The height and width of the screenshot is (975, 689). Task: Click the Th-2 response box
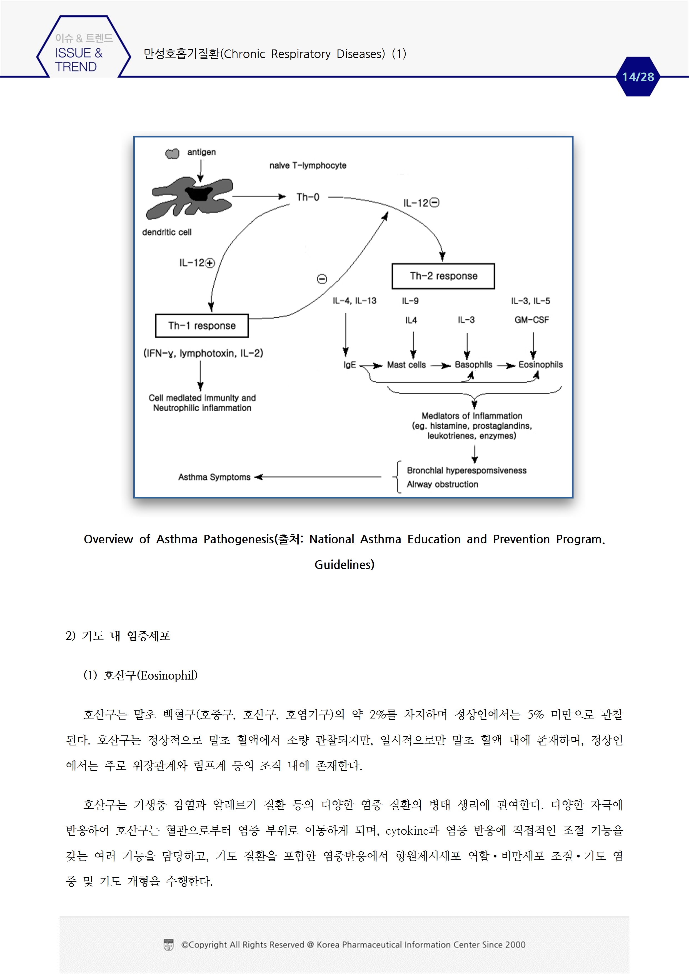point(443,276)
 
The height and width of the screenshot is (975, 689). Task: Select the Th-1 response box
point(202,326)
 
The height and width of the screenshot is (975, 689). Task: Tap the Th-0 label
point(308,197)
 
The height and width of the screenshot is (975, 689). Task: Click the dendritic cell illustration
point(190,197)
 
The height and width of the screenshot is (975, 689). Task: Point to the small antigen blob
point(172,153)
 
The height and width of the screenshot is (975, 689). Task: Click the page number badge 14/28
point(638,77)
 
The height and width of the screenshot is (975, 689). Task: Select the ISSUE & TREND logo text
point(79,59)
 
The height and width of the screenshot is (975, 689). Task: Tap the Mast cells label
point(406,365)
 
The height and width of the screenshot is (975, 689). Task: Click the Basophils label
point(473,365)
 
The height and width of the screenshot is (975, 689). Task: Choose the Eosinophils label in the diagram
point(540,365)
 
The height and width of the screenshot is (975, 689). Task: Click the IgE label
point(350,365)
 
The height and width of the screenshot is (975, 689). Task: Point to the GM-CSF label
point(531,320)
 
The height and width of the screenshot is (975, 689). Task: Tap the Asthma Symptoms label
point(214,477)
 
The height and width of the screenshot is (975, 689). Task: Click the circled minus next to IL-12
point(434,203)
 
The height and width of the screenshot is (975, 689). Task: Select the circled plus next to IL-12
point(210,263)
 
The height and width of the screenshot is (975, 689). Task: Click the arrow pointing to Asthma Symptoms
point(318,477)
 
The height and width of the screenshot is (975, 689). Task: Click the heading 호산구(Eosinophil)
point(141,675)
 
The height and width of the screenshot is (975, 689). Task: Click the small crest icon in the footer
point(169,945)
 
